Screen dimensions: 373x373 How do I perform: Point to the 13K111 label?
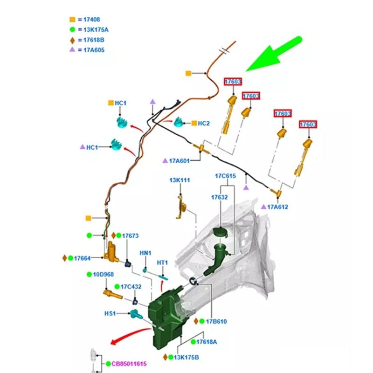coord(180,180)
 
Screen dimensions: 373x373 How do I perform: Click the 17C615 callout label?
coord(225,176)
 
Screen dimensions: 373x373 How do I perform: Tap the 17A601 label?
coord(179,161)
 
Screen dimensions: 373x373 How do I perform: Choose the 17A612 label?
coord(278,207)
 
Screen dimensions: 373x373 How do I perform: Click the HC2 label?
coord(204,123)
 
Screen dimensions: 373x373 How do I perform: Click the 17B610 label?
coord(216,321)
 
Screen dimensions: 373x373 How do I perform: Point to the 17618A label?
coord(207,342)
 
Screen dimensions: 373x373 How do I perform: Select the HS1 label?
coord(109,314)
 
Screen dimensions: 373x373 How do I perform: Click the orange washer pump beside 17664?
coord(112,251)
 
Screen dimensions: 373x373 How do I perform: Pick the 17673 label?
coord(131,236)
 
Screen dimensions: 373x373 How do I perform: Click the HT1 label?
coord(162,263)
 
